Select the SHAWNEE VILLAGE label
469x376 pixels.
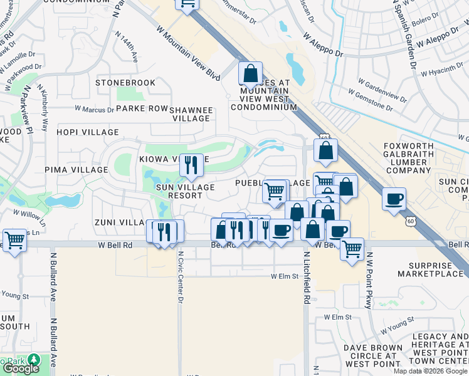point(191,113)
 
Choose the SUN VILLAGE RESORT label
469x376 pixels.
point(179,191)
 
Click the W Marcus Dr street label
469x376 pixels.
point(94,108)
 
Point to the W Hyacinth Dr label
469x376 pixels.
point(446,71)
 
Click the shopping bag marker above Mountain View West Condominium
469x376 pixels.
point(250,73)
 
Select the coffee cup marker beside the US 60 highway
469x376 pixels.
point(394,199)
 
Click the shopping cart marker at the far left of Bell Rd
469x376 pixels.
point(15,239)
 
